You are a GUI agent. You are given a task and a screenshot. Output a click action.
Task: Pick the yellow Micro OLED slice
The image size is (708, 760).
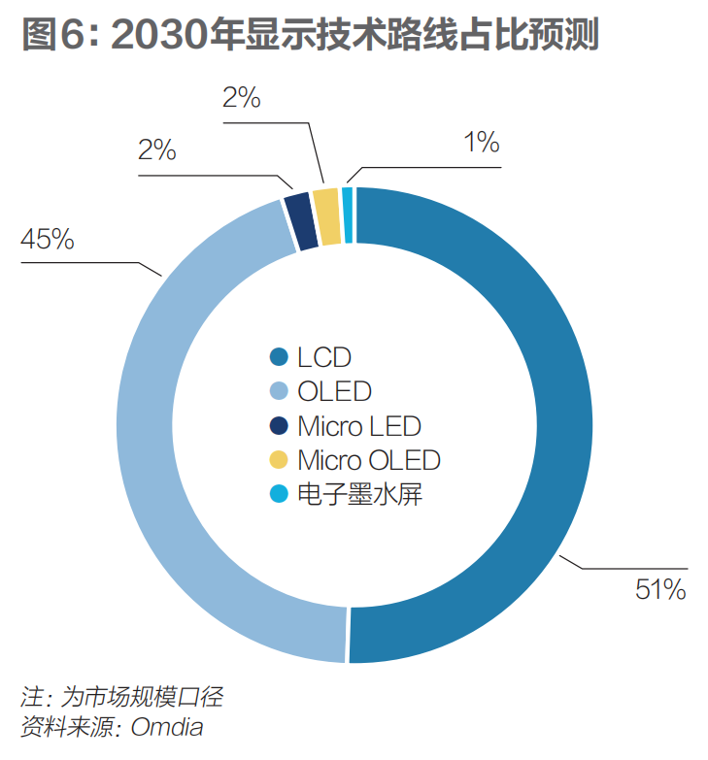[x=327, y=202]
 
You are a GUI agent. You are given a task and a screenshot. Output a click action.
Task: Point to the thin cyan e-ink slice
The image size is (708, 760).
[x=348, y=200]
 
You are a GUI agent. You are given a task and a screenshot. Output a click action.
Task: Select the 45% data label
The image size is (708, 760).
[x=48, y=239]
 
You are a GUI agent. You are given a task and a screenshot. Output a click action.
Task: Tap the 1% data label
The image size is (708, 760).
[x=481, y=143]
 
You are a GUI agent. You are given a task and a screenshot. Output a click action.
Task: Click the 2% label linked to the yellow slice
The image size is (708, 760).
[x=241, y=97]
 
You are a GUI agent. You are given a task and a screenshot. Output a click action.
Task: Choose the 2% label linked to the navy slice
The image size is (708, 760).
[x=156, y=150]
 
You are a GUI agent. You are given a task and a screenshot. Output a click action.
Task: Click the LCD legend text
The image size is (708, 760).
[x=324, y=357]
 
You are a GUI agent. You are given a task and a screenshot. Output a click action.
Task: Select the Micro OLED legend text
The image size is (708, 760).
[x=369, y=459]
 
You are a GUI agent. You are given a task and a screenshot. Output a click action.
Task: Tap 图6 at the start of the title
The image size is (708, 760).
[x=49, y=36]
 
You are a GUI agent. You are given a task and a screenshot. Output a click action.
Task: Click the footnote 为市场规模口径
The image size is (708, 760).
[x=145, y=697]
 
